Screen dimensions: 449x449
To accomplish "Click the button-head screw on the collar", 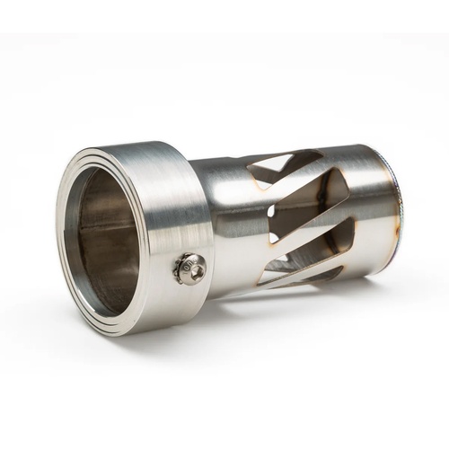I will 190,268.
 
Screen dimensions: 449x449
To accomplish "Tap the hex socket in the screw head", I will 189,267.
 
